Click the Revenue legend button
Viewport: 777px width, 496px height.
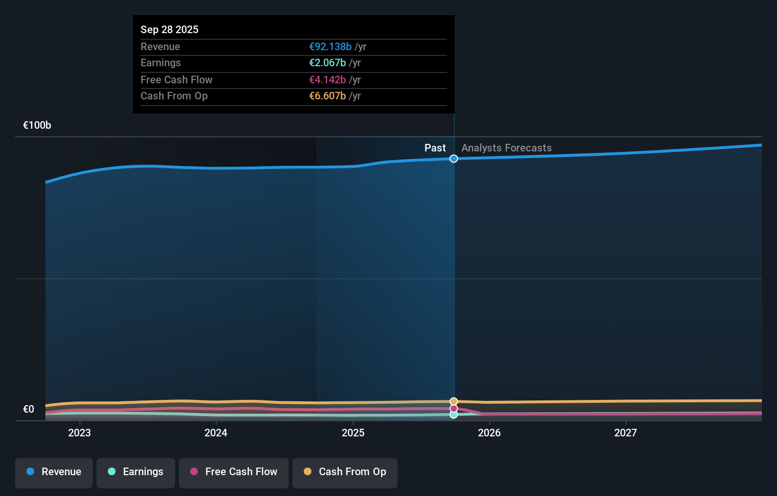coord(54,472)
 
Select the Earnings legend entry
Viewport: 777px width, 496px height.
coord(136,472)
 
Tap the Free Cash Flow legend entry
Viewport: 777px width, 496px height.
coord(234,472)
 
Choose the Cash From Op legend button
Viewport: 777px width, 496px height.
coord(345,472)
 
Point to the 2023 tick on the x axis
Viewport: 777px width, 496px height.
coord(79,433)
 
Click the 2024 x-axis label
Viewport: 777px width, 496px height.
coord(216,433)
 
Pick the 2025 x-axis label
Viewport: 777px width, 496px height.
coord(353,433)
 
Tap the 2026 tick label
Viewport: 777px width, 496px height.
coord(489,433)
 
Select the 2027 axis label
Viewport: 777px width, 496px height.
coord(626,433)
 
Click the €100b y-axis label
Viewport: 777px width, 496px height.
coord(37,125)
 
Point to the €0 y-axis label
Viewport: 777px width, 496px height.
coord(28,409)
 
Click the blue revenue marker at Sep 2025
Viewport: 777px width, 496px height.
coord(454,159)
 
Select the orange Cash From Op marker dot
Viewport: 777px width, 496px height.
coord(454,401)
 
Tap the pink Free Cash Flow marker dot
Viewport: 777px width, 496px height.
coord(454,408)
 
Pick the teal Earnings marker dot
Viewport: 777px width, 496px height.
coord(454,415)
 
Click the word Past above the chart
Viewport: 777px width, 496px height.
coord(435,148)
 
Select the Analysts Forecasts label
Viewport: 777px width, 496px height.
coord(506,148)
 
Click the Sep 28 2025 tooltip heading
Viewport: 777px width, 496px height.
coord(169,30)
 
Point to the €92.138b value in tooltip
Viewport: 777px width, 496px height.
coord(330,47)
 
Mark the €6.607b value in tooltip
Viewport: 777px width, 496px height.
coord(327,96)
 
